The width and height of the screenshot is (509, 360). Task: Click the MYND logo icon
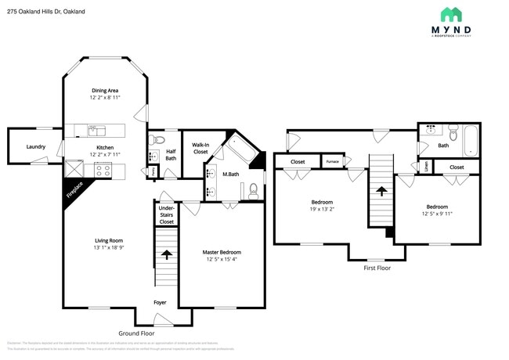pos(450,15)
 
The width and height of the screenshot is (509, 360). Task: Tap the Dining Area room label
pos(106,91)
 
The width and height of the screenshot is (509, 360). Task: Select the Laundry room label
pos(35,146)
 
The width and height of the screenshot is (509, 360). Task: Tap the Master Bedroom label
pos(222,252)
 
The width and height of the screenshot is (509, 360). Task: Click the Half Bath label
pos(171,155)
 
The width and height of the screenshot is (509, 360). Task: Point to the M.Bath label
pos(230,174)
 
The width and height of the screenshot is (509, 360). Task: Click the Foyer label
pos(160,301)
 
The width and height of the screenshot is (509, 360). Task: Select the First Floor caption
pos(377,268)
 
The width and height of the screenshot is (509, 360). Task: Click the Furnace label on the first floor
pos(333,162)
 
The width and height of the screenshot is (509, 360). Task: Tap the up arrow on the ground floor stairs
pos(166,254)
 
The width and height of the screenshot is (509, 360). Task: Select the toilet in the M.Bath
pos(254,189)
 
